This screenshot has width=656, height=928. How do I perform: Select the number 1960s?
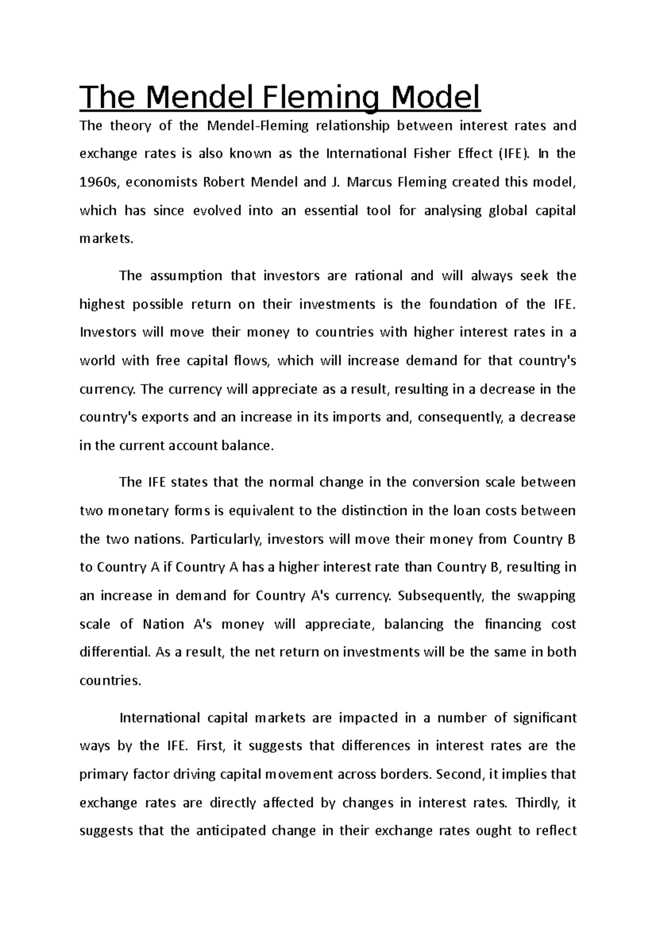coord(99,182)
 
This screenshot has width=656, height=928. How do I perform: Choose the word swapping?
coord(547,596)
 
